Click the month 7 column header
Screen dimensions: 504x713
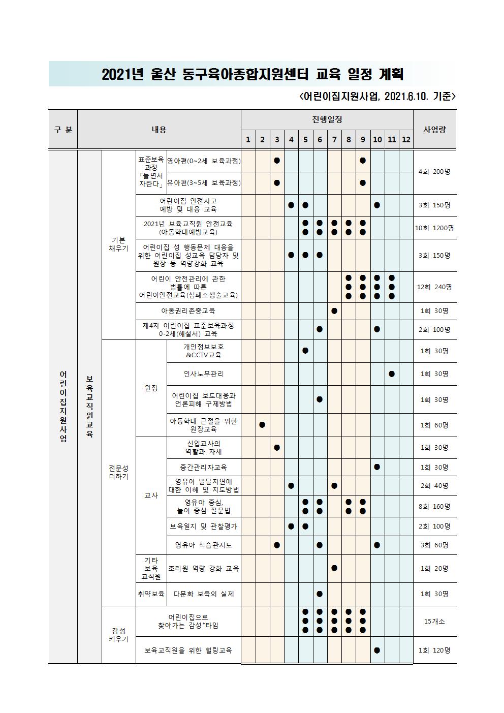coord(334,139)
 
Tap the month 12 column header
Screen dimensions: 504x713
coord(406,139)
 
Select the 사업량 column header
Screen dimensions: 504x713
coord(434,129)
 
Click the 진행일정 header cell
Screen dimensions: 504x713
coord(327,120)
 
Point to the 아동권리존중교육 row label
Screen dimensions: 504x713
coord(188,311)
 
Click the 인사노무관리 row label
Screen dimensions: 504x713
coord(204,374)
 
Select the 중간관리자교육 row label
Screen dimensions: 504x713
coord(203,467)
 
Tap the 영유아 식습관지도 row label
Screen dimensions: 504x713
coord(203,545)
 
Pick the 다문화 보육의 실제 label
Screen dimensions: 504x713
coord(204,594)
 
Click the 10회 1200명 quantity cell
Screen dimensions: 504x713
coord(434,228)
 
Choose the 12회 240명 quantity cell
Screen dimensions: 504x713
coord(434,287)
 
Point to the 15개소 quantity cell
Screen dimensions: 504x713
coord(434,621)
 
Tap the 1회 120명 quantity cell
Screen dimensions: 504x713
coord(434,650)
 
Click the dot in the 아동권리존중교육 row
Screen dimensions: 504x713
coord(334,311)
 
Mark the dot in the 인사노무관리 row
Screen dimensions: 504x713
coord(392,374)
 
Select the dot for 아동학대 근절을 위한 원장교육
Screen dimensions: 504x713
coord(262,425)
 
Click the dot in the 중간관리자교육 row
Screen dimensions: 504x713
coord(377,467)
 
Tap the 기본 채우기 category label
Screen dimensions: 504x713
coord(119,244)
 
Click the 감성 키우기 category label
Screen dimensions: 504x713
coord(119,635)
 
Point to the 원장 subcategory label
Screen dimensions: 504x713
coord(151,388)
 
